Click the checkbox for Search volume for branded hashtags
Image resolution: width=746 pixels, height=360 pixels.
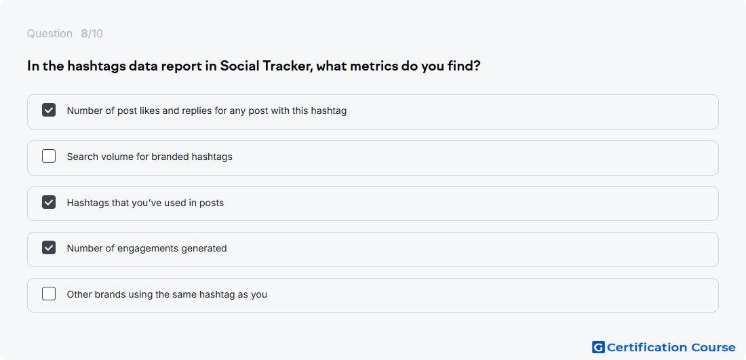pos(49,156)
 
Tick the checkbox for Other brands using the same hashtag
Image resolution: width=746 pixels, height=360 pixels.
pos(49,294)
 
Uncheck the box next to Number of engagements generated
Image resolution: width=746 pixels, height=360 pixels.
pos(49,247)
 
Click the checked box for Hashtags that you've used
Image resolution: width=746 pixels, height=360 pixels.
pos(49,202)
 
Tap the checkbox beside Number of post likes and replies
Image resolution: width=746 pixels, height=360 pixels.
pos(49,111)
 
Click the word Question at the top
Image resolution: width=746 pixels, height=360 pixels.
pos(50,34)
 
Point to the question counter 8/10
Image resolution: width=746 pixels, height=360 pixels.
pos(92,34)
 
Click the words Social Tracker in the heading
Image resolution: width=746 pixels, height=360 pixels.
pos(265,66)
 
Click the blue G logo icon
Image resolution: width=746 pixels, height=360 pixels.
pos(598,347)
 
